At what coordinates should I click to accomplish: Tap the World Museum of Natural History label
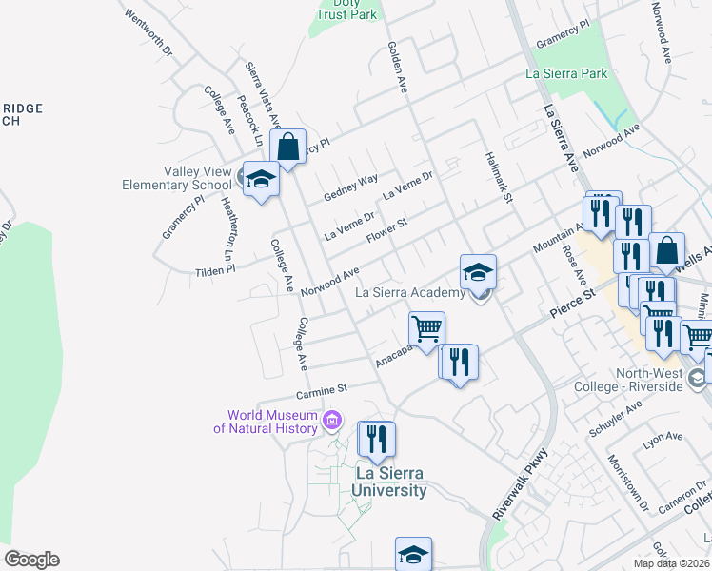(271, 422)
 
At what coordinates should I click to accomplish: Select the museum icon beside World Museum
(331, 420)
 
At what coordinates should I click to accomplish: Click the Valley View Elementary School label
(177, 178)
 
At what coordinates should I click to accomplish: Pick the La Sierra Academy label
(410, 292)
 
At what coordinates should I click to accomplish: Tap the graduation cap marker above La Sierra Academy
(478, 272)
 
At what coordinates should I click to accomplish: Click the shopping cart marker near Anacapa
(427, 329)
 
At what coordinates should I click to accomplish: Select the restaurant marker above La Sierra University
(376, 439)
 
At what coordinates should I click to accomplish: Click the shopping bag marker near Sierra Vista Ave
(288, 148)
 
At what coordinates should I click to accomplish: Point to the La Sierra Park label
(566, 73)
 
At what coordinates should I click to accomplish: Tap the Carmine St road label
(323, 389)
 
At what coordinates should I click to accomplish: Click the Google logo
(31, 560)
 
